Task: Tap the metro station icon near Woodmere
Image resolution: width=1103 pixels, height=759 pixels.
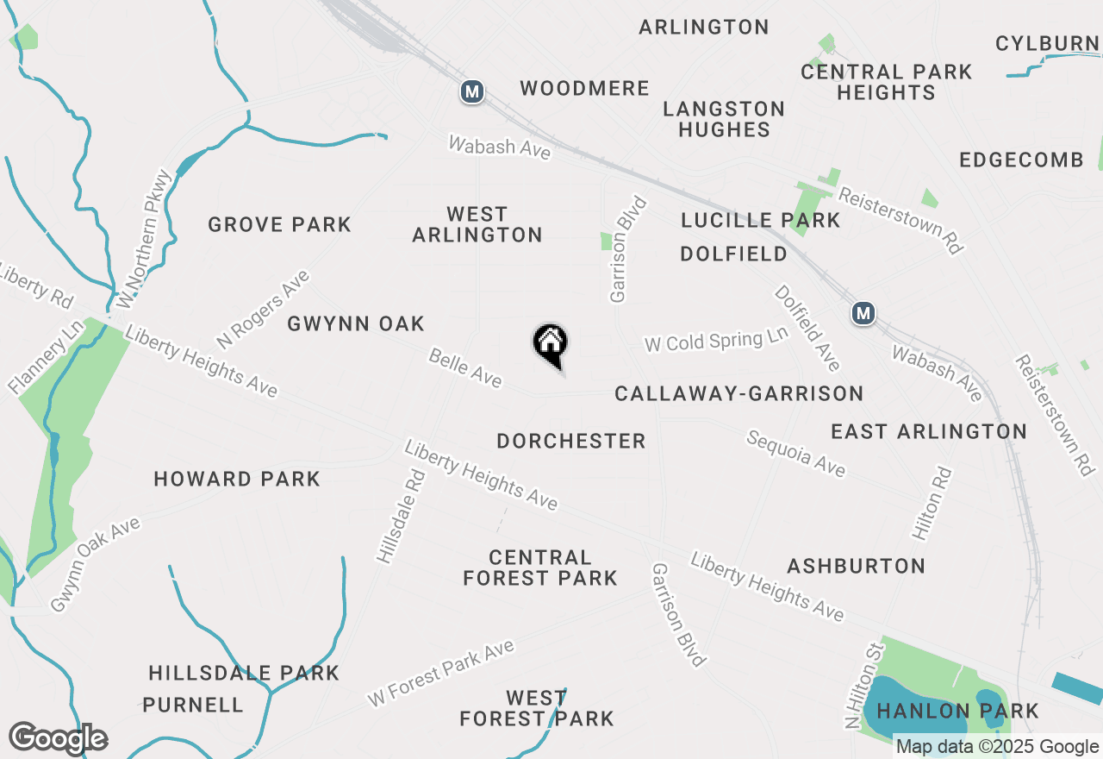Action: point(471,91)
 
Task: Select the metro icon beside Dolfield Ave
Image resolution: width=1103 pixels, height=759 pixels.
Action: point(863,313)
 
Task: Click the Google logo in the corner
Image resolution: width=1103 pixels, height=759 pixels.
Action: point(58,738)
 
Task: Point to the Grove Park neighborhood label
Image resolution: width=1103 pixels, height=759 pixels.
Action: point(280,225)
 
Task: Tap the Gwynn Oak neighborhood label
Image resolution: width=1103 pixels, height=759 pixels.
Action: point(356,324)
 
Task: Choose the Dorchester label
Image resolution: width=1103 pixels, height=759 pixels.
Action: point(571,442)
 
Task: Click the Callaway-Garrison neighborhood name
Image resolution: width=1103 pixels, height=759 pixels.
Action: point(738,394)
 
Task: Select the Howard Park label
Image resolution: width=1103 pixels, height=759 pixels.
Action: point(237,480)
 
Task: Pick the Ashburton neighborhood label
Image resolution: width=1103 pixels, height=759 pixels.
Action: point(856,567)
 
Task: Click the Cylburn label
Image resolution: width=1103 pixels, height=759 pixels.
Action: point(1047,44)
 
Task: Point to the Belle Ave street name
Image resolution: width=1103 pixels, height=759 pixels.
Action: point(465,368)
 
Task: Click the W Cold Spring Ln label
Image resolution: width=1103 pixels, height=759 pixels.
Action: point(716,341)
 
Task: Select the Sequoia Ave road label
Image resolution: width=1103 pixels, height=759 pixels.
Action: point(795,454)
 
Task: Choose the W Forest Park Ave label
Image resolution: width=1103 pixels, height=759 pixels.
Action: point(440,674)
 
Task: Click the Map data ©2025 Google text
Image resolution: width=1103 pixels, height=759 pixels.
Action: point(997,747)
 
